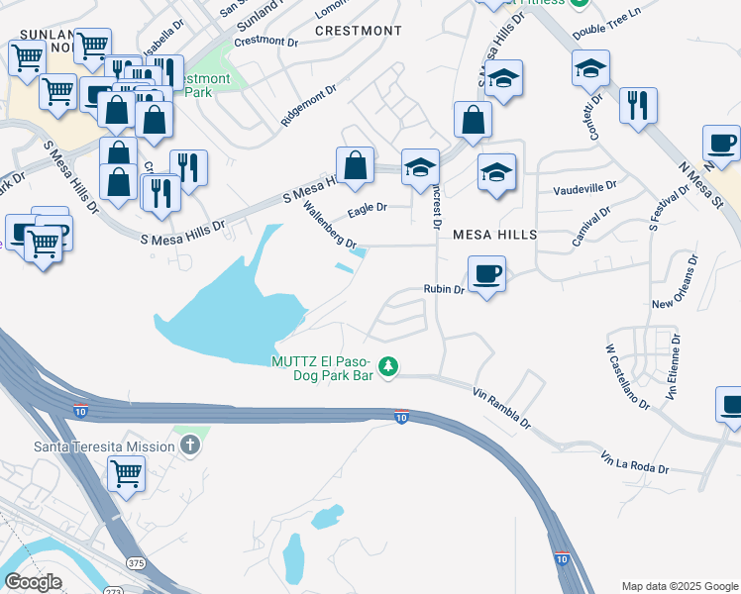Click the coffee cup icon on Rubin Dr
tap(486, 272)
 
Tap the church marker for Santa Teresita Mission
tap(190, 445)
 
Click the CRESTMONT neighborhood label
tap(359, 31)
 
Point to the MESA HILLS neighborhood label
tap(494, 235)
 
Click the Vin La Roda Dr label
tap(635, 462)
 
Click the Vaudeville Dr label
tap(584, 186)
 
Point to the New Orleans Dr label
tap(679, 282)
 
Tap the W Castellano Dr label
tap(627, 376)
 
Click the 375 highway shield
tap(136, 562)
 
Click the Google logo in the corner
tap(33, 581)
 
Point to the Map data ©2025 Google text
tap(680, 586)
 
